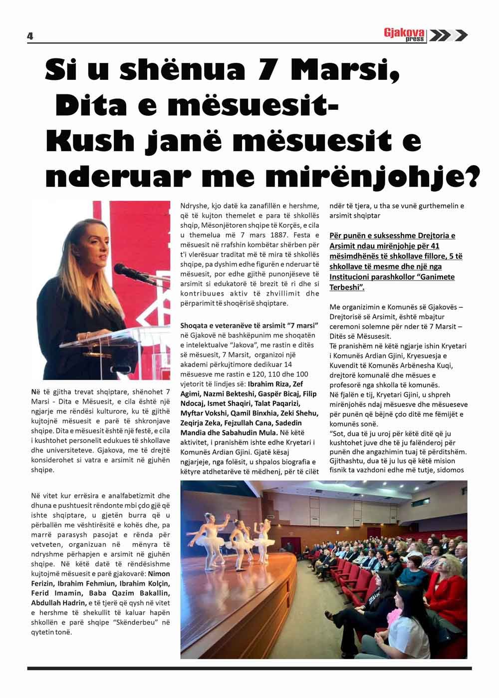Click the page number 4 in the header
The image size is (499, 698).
click(x=30, y=36)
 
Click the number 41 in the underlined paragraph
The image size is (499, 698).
click(x=434, y=246)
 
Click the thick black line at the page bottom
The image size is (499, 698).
click(x=249, y=668)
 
